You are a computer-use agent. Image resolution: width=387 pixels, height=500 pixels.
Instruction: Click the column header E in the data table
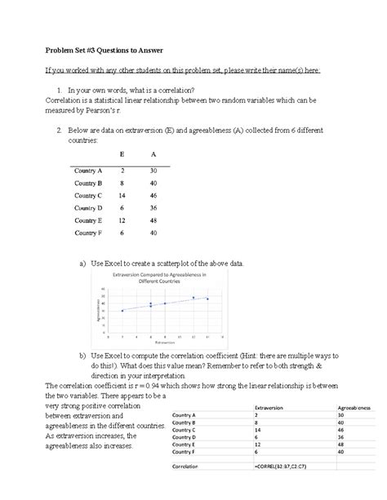coord(122,154)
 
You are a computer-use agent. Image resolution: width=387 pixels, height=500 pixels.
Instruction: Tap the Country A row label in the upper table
coord(88,171)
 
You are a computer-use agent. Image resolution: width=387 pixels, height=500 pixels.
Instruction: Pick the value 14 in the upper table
coord(122,196)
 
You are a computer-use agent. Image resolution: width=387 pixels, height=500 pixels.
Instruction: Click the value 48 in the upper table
coord(153,220)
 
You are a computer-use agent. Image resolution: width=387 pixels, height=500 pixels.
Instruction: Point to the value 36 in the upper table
coord(153,208)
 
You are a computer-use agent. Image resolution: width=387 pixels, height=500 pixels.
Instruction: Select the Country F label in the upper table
coord(88,232)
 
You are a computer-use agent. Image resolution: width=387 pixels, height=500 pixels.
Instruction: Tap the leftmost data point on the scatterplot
coord(122,311)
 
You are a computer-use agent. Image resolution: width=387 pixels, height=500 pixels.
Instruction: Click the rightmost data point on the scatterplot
coord(207,299)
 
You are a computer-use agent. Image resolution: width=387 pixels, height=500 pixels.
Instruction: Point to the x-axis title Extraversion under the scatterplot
coord(165,343)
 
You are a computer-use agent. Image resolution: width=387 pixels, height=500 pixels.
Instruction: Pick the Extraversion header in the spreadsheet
coord(272,407)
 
